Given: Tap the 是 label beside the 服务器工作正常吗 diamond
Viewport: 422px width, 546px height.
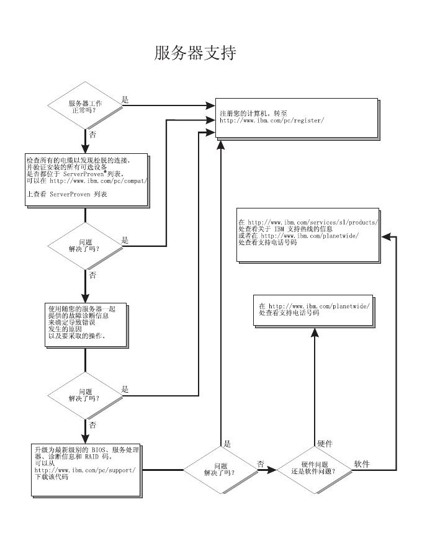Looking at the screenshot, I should coord(125,100).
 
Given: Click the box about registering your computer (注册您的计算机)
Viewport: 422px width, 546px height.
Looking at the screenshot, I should coord(296,117).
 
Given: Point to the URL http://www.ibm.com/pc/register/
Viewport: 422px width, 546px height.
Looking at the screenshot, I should coord(272,121).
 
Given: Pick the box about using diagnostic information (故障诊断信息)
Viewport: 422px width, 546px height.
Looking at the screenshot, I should coord(85,323).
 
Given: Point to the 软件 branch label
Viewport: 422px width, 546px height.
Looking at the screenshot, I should coord(362,463).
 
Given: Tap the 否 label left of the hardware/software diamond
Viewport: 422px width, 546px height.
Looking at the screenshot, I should coord(261,463).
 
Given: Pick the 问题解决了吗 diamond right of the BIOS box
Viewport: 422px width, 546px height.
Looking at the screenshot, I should coord(220,469).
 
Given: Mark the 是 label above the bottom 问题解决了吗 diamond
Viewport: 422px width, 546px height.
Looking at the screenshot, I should coord(227,444).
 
